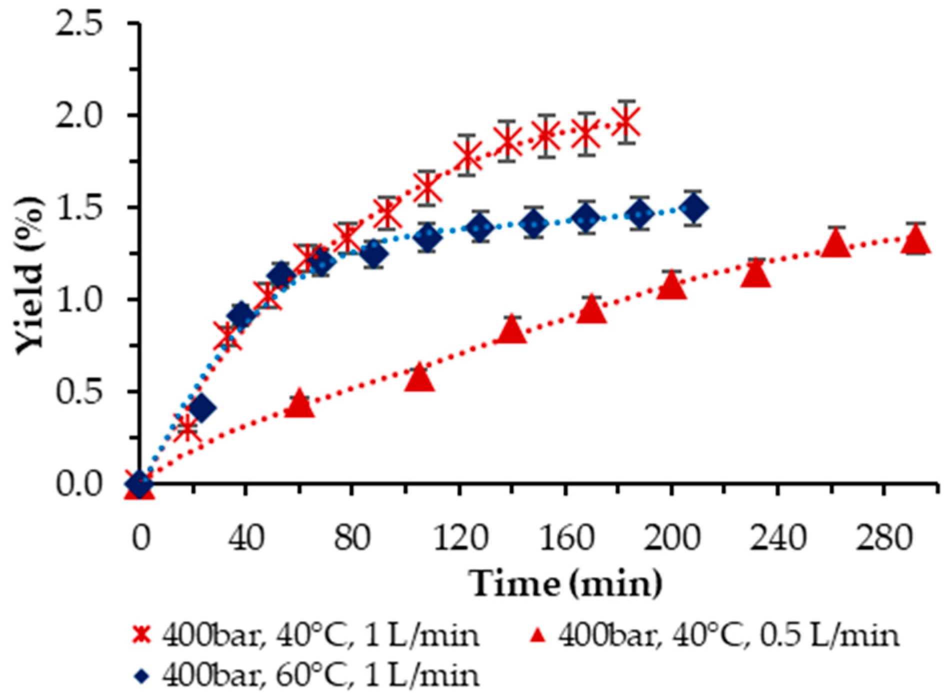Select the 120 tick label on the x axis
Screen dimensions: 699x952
459,539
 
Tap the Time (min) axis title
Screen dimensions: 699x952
565,583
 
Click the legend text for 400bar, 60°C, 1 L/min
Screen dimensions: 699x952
320,675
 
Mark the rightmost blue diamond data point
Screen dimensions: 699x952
693,208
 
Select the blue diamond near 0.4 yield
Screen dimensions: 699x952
202,408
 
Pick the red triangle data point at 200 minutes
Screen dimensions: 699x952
671,286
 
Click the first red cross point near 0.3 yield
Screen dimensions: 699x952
186,428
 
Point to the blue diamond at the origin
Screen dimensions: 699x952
139,484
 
